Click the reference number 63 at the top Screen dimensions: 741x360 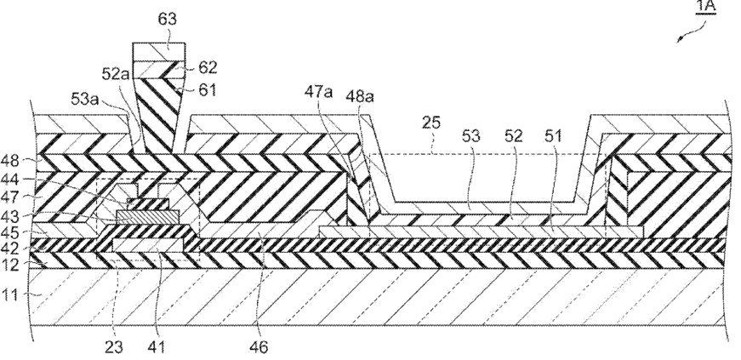click(167, 19)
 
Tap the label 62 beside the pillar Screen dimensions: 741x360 click(208, 67)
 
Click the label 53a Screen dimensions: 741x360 click(86, 100)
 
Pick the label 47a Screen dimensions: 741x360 click(318, 91)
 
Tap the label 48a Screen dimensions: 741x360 click(360, 96)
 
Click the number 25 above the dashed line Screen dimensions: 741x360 click(431, 123)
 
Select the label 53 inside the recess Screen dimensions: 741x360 click(471, 136)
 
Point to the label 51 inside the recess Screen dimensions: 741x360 click(553, 136)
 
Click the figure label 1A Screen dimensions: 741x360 click(705, 7)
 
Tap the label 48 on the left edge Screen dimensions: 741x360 click(10, 161)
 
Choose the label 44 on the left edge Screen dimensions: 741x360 click(10, 179)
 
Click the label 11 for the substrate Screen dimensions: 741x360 click(9, 294)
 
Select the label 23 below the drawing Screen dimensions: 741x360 click(113, 347)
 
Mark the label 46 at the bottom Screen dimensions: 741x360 click(258, 347)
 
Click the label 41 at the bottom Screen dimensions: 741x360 click(156, 347)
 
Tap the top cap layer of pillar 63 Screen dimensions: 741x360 click(158, 52)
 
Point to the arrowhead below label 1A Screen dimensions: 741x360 click(679, 40)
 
